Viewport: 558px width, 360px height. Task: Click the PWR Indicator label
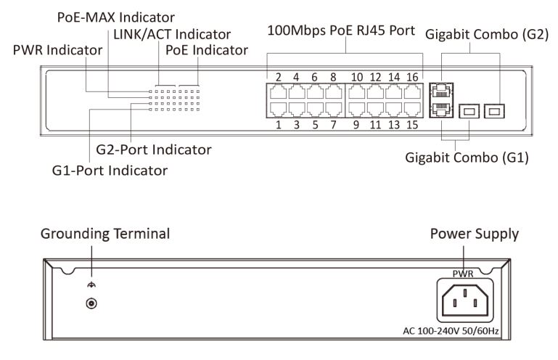coord(57,50)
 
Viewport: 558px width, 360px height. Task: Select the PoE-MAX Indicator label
coord(115,17)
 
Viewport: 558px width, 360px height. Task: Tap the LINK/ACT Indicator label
coord(172,34)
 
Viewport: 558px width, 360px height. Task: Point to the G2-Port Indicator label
coord(154,150)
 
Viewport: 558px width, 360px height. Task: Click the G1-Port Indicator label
coord(110,171)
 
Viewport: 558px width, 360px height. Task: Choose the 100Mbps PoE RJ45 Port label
coord(341,30)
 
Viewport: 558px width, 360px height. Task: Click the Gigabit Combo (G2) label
coord(487,35)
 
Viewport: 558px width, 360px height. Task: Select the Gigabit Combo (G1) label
coord(467,157)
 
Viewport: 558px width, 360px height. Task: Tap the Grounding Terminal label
coord(105,234)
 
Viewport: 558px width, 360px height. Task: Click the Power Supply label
coord(475,234)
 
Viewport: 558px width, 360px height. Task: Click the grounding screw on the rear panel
coord(91,303)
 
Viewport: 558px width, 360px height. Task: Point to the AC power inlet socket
coord(465,300)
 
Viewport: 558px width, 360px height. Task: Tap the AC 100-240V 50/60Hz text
coord(451,331)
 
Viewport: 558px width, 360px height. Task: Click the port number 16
coord(412,77)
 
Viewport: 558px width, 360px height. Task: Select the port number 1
coord(279,125)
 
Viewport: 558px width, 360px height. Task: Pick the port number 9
coord(356,125)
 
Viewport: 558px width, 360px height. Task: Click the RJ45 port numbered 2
coord(279,92)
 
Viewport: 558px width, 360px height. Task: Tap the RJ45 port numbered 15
coord(412,110)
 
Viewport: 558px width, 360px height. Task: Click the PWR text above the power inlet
coord(463,274)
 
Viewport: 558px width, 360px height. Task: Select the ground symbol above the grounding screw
coord(91,285)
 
